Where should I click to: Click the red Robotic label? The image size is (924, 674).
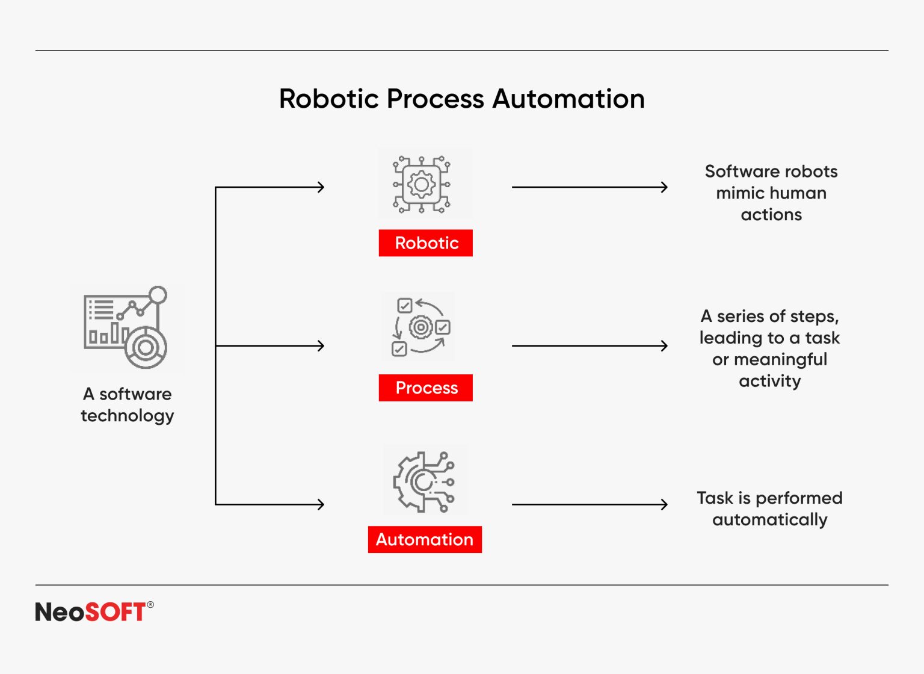[425, 243]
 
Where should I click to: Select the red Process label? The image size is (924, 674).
[425, 388]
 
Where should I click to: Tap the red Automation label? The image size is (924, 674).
[425, 540]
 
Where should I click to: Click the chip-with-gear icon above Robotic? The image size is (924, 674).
[422, 185]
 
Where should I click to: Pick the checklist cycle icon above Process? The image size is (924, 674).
[420, 327]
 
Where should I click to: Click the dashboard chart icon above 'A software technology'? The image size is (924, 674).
[126, 328]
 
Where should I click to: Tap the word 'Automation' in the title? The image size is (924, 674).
[568, 99]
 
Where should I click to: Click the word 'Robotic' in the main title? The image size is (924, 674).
[330, 99]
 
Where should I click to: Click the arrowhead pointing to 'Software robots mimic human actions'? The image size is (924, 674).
[664, 187]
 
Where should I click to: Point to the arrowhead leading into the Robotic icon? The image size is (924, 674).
[321, 187]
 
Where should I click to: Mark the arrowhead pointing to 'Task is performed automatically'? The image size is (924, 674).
[664, 504]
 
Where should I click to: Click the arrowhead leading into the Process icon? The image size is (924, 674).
[321, 345]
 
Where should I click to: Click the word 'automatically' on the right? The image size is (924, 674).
[769, 520]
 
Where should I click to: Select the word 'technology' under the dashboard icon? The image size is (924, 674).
[128, 416]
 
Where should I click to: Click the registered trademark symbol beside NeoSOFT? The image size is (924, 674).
[150, 605]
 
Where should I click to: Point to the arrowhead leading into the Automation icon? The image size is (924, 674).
[321, 504]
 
